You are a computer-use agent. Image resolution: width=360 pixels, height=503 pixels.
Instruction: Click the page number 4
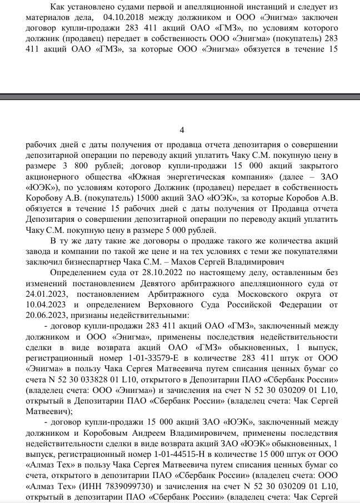(x=182, y=130)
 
